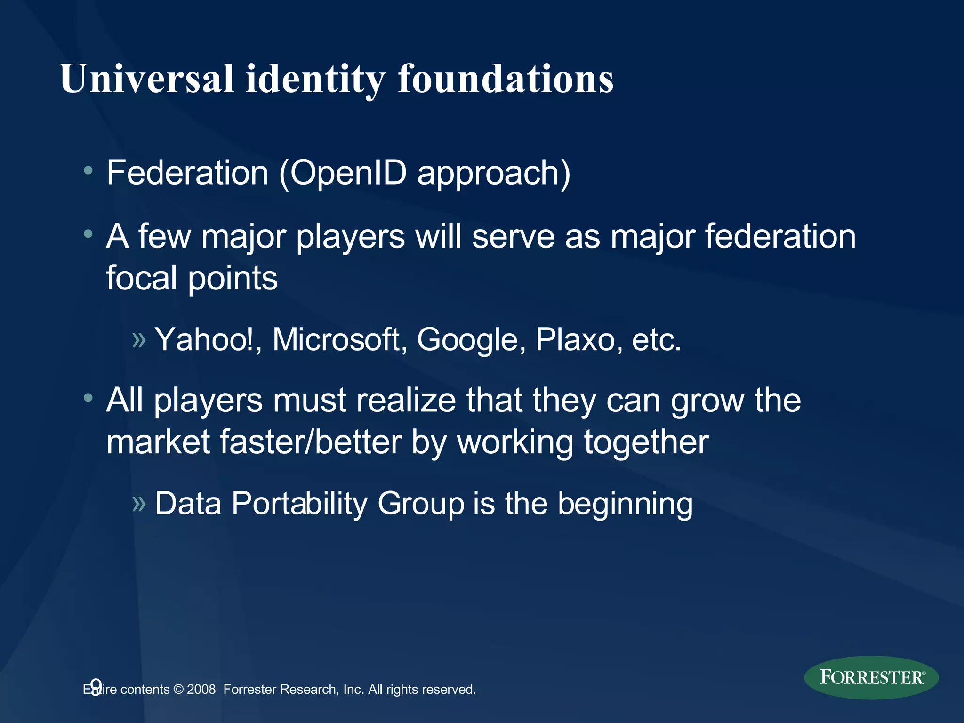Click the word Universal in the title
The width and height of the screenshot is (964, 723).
click(x=147, y=79)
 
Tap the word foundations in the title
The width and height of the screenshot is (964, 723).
click(x=506, y=79)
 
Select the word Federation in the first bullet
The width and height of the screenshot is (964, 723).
click(x=187, y=173)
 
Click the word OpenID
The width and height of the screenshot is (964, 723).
click(x=348, y=173)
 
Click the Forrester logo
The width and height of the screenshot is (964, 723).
click(x=871, y=677)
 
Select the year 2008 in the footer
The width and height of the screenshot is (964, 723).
click(x=201, y=690)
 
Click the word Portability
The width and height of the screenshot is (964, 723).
click(x=299, y=504)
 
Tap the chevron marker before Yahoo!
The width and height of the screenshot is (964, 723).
click(x=139, y=340)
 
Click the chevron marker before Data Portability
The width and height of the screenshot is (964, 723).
click(x=139, y=504)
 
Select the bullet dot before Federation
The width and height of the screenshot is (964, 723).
click(x=88, y=170)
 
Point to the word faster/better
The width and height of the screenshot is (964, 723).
click(x=310, y=442)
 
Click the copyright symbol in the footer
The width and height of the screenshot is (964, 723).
click(x=178, y=690)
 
